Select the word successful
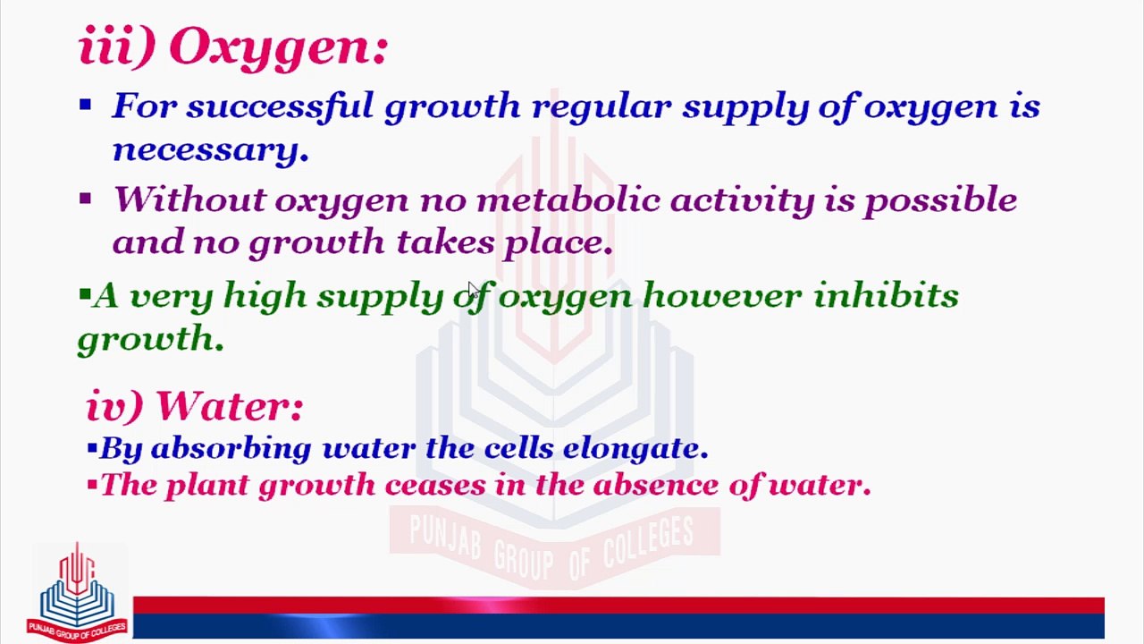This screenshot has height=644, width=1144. (279, 106)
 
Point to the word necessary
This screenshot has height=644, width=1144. (211, 150)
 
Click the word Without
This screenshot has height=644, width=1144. (189, 199)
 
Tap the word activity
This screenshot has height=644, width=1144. (742, 200)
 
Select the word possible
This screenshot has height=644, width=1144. (939, 200)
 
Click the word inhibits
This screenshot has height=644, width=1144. (886, 295)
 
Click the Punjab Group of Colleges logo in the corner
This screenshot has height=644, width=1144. (77, 592)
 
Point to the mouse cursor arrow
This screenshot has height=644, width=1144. (472, 288)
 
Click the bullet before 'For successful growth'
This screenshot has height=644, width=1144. (85, 106)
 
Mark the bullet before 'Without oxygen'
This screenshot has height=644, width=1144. (85, 199)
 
